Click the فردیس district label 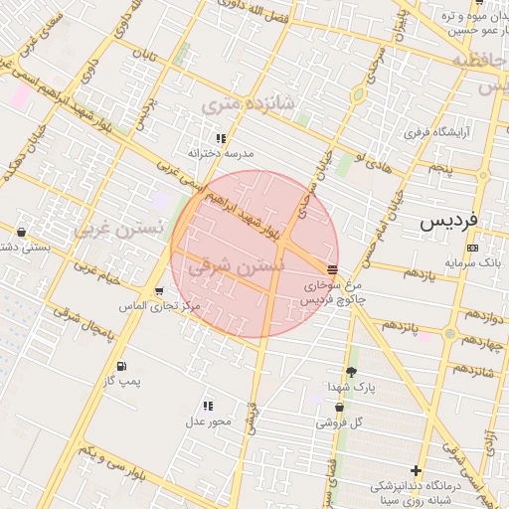447,219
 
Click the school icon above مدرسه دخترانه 221,138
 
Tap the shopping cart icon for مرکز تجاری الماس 159,290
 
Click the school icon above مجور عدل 209,406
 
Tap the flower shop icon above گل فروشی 340,407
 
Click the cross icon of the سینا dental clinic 416,470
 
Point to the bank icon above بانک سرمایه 471,248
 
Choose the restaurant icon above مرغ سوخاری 331,268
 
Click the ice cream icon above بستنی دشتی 22,233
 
